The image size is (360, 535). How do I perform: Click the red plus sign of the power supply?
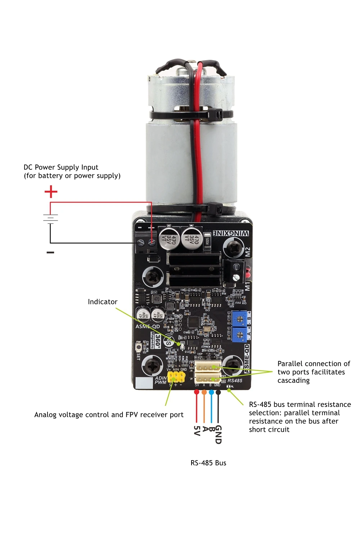pyautogui.click(x=51, y=191)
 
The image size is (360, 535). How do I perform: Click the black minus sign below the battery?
pyautogui.click(x=50, y=253)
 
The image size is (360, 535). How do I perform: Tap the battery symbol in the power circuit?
pyautogui.click(x=50, y=218)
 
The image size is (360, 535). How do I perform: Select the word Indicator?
pyautogui.click(x=103, y=302)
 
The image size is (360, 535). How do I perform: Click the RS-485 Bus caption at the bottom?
pyautogui.click(x=208, y=463)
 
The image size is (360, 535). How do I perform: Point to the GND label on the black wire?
pyautogui.click(x=218, y=434)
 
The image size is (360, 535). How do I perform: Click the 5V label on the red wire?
pyautogui.click(x=197, y=431)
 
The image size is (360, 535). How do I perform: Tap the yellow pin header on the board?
pyautogui.click(x=176, y=377)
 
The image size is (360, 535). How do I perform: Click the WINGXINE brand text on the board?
pyautogui.click(x=231, y=233)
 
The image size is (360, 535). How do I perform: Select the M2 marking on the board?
pyautogui.click(x=247, y=252)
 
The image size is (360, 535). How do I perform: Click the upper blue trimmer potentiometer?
pyautogui.click(x=239, y=319)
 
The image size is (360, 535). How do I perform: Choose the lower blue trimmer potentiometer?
pyautogui.click(x=239, y=335)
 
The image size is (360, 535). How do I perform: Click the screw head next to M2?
pyautogui.click(x=234, y=248)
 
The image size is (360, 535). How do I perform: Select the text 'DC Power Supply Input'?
pyautogui.click(x=61, y=167)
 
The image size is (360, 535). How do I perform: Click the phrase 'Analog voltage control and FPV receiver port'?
pyautogui.click(x=109, y=415)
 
